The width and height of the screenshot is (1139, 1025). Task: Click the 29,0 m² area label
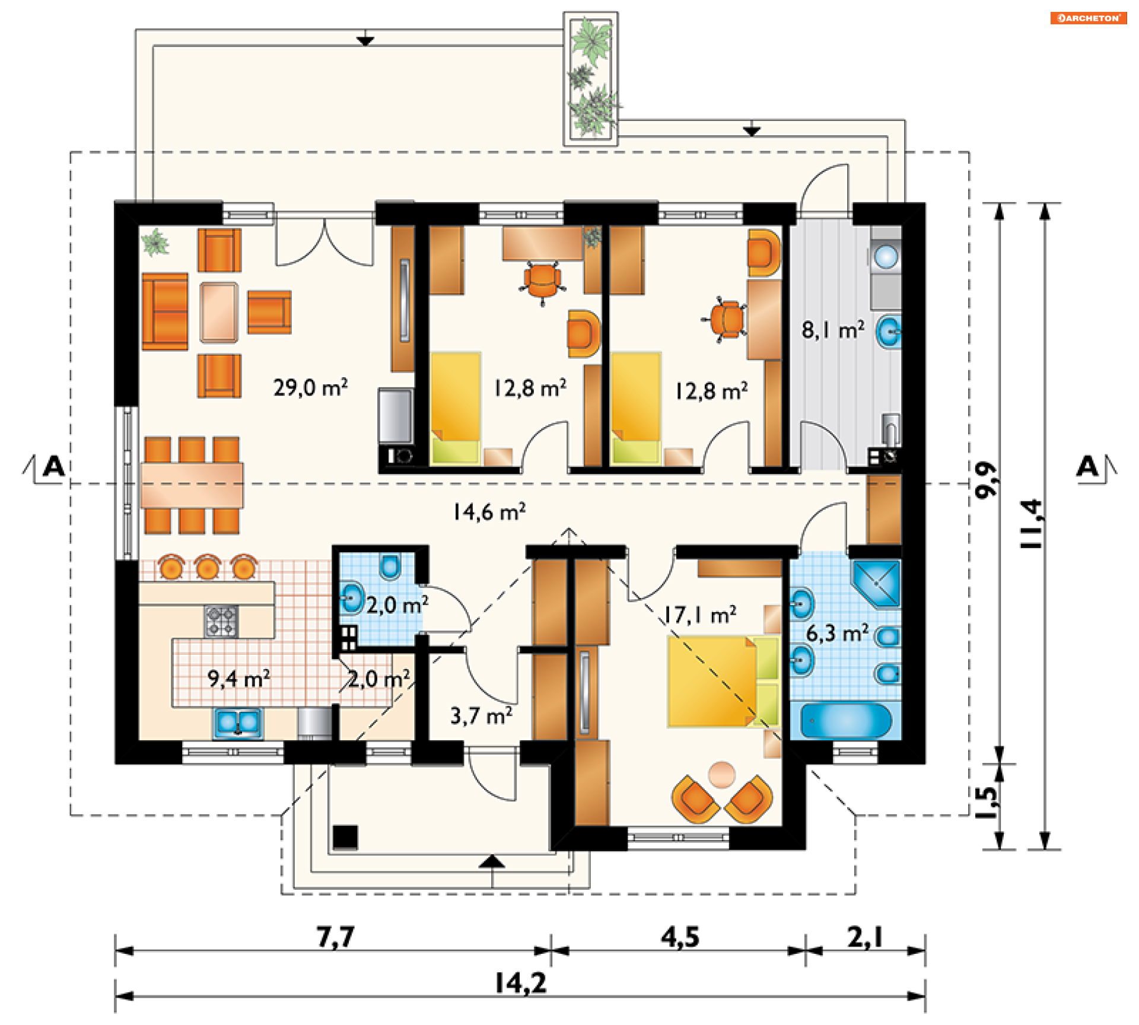point(310,388)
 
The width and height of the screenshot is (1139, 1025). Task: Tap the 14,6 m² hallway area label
point(489,512)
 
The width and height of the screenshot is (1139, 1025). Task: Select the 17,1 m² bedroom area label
point(700,615)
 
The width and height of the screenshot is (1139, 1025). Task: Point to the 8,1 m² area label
point(833,330)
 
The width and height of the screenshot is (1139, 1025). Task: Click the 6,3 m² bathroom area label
point(837,633)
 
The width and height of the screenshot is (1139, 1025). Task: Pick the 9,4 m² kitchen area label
point(239,678)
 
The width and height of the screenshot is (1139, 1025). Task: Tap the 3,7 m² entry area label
point(482,715)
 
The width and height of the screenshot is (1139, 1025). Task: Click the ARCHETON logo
point(1089,18)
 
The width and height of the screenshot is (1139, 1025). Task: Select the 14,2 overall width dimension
point(521,983)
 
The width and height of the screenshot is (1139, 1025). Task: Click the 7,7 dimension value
point(336,937)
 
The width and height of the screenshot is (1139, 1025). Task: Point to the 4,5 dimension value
point(680,937)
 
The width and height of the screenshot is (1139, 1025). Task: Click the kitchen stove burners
point(221,621)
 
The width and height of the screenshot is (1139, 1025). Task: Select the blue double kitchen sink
point(238,723)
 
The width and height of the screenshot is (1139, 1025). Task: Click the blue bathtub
point(845,721)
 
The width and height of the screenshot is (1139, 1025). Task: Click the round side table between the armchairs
point(722,774)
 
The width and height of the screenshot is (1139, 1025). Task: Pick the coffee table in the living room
point(219,313)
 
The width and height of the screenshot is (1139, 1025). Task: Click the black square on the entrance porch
point(345,837)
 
